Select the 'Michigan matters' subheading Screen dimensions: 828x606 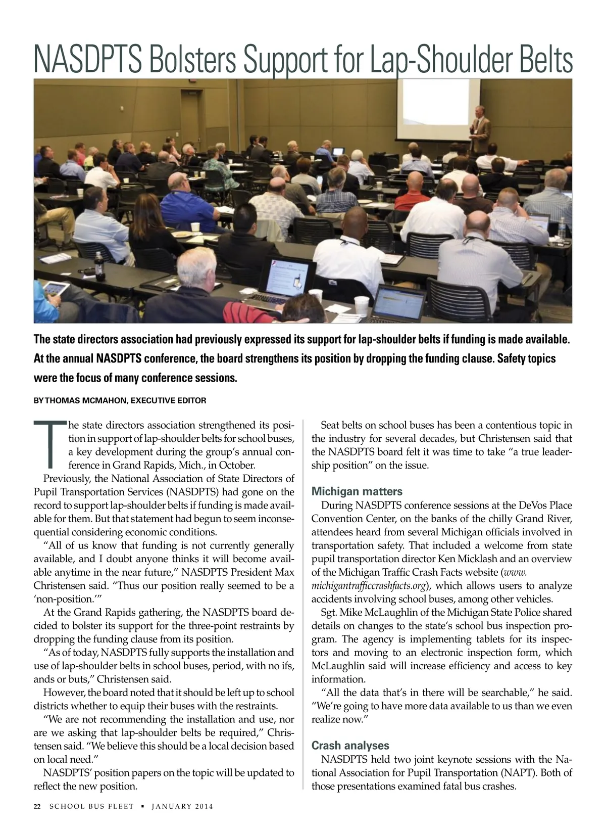(x=357, y=491)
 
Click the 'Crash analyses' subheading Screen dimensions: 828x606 (x=350, y=745)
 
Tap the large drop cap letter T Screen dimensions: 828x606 (x=49, y=443)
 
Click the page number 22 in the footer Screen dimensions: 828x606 (x=37, y=806)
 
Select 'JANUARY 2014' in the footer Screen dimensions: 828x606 (x=182, y=806)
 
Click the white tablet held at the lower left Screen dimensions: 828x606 (x=55, y=290)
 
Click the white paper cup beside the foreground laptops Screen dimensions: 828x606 (x=362, y=305)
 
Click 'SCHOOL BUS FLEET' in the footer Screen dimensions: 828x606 (x=91, y=806)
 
